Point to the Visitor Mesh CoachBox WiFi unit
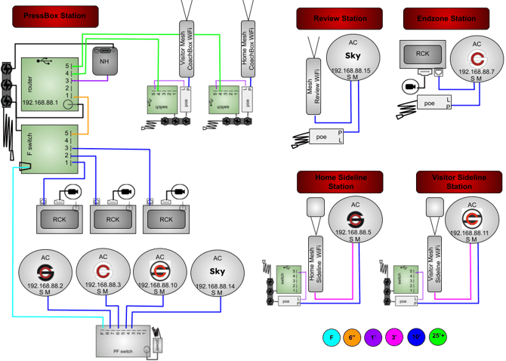click(186, 46)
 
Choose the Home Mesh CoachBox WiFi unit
click(248, 46)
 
